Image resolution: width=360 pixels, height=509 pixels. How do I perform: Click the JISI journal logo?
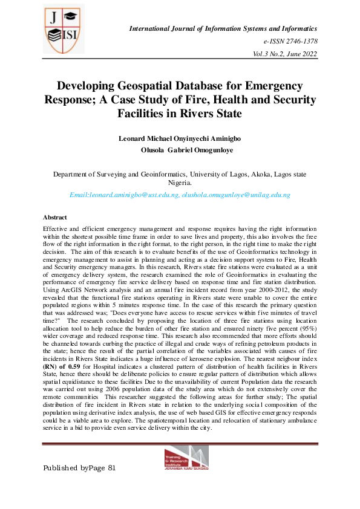62,29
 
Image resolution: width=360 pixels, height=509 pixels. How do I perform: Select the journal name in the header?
224,28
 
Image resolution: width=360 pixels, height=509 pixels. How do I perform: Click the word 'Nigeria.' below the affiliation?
180,183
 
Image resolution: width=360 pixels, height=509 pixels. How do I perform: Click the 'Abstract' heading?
55,216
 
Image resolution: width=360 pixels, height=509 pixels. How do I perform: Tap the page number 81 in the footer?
110,468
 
